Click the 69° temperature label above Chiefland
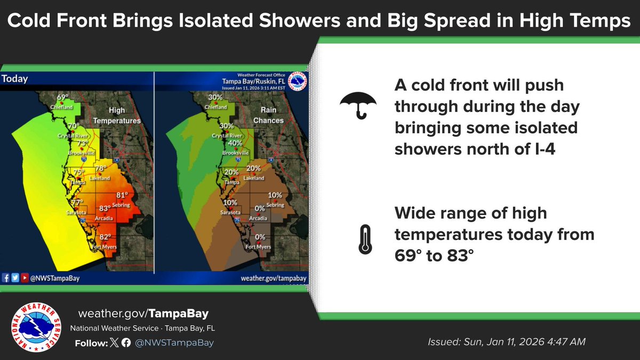63,98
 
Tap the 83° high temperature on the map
104,209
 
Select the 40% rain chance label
235,143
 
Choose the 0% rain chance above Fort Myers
260,237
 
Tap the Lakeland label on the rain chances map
254,178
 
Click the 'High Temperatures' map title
117,116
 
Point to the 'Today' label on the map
14,79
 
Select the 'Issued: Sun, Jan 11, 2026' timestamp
507,342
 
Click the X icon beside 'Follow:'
113,343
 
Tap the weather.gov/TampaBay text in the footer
143,314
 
